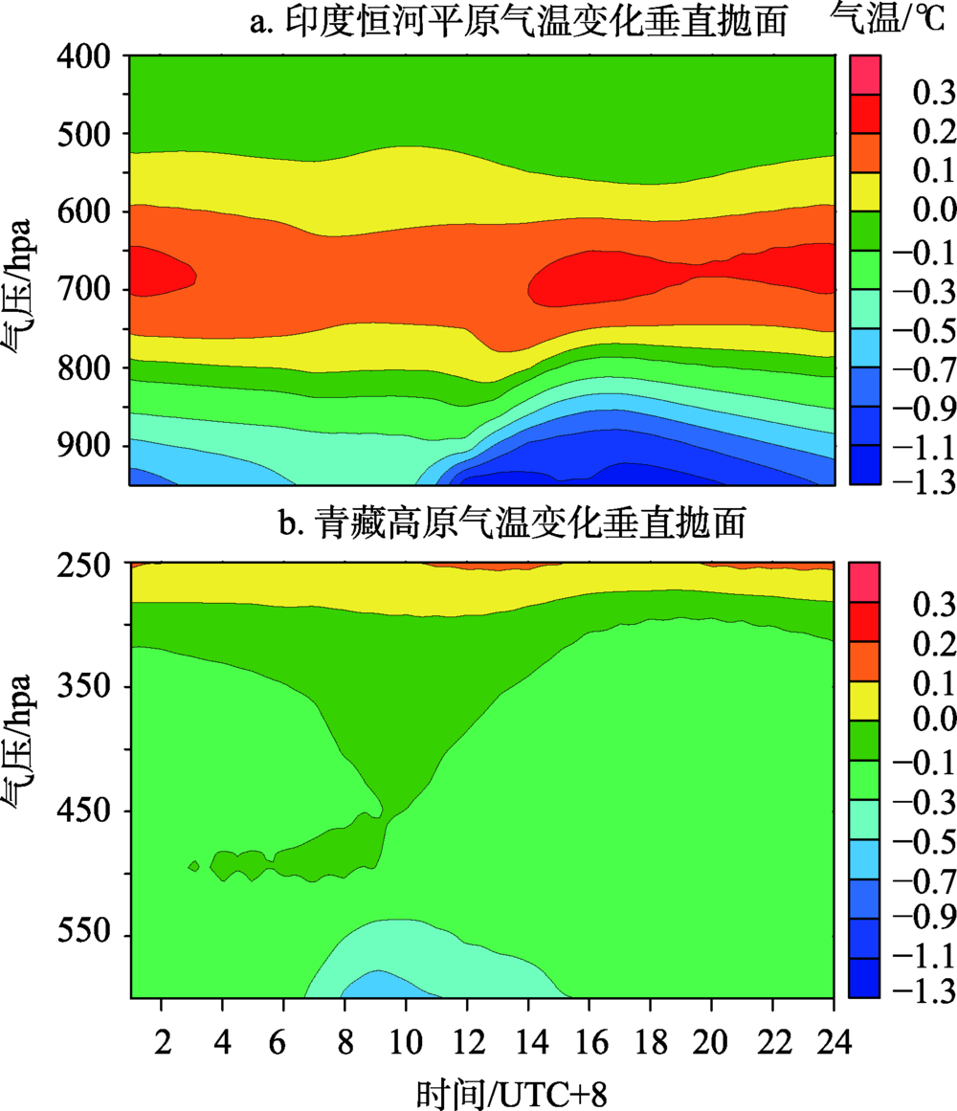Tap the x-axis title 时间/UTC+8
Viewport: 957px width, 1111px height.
pos(513,1090)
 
